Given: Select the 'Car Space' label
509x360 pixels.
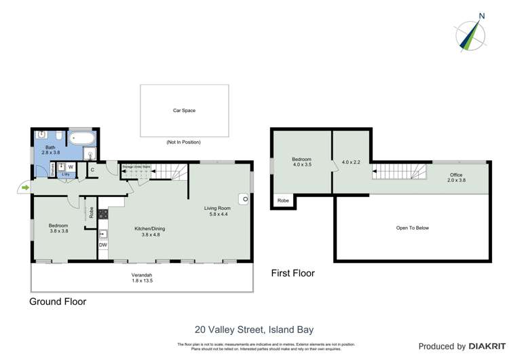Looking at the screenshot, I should tap(184, 110).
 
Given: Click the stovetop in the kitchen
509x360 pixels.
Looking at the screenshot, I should tap(103, 215).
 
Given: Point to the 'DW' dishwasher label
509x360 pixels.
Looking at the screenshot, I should tap(103, 245).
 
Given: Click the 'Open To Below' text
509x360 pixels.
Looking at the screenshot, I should tap(412, 228).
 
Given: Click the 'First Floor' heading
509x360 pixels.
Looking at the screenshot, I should tap(293, 273).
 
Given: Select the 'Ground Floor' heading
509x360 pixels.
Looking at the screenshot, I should tap(58, 302).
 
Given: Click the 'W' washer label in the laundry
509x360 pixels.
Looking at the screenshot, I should tap(71, 166).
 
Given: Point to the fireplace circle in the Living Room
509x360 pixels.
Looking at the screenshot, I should tap(242, 200).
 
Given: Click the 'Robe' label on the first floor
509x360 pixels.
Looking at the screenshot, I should tap(282, 202).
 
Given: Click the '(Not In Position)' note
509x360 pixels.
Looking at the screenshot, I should tap(183, 142).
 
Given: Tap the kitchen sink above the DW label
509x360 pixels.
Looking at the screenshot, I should tap(103, 233).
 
